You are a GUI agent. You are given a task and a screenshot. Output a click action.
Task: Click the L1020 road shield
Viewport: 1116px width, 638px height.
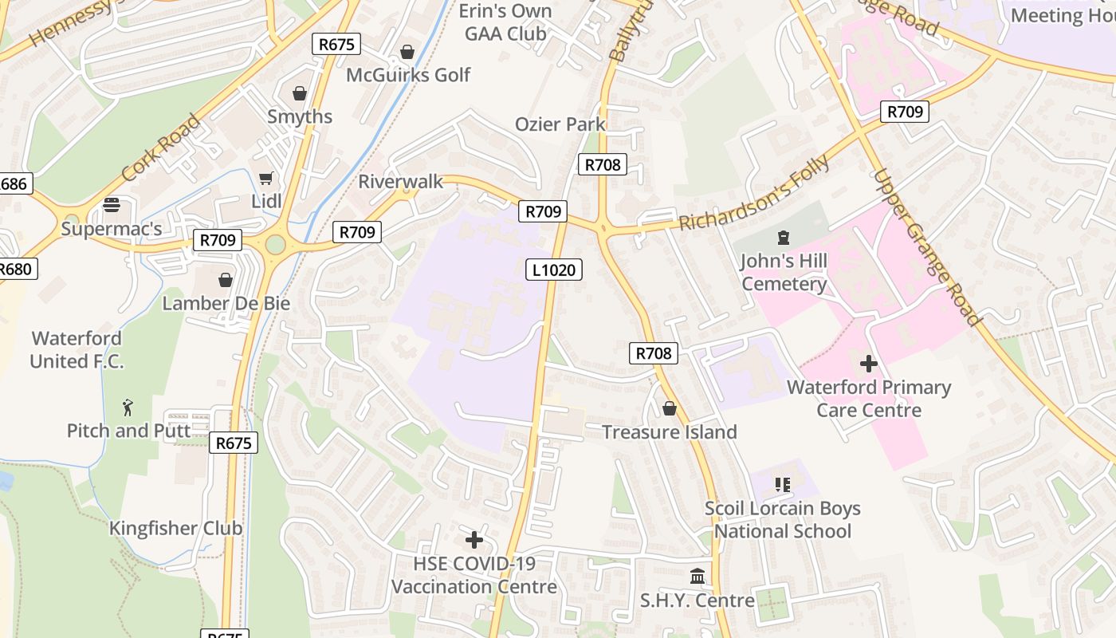point(554,270)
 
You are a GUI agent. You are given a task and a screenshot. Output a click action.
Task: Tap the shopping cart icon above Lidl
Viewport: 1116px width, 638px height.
point(265,178)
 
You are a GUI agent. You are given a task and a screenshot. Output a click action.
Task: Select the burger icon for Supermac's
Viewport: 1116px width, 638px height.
point(112,205)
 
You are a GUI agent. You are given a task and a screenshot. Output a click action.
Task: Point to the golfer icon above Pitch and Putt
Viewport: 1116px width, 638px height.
point(128,408)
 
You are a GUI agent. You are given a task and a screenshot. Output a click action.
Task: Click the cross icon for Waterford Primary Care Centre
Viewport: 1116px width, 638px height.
point(869,364)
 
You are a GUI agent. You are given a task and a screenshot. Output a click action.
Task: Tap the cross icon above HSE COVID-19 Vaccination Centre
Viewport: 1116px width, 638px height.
point(474,540)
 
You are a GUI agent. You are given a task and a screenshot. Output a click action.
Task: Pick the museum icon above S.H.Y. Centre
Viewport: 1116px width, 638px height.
point(697,576)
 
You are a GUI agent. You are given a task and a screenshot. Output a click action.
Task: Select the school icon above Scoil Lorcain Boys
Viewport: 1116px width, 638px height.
point(782,485)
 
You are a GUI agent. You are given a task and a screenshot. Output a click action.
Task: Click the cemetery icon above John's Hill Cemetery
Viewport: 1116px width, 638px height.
point(783,237)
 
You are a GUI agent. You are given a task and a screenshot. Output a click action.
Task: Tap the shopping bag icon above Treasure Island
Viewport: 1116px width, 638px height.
point(670,408)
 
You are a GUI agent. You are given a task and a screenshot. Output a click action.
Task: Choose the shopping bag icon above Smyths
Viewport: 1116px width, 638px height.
point(300,93)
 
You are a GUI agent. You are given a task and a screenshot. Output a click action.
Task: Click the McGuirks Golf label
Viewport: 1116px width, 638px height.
point(408,75)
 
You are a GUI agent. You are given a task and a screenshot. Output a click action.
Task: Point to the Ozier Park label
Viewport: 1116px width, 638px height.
point(560,124)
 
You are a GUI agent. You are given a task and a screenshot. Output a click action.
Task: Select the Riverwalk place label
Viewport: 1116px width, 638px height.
point(400,181)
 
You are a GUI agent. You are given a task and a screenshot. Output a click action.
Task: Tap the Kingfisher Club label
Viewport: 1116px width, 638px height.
point(175,528)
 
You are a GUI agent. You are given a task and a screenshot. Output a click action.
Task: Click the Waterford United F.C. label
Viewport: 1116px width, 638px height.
point(77,349)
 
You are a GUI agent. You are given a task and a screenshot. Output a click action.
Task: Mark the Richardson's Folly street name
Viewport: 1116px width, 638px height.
point(753,193)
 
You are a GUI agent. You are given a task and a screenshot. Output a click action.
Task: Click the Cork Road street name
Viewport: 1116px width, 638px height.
point(161,148)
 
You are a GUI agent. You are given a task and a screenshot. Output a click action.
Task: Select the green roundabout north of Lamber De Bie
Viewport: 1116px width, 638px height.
point(275,244)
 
